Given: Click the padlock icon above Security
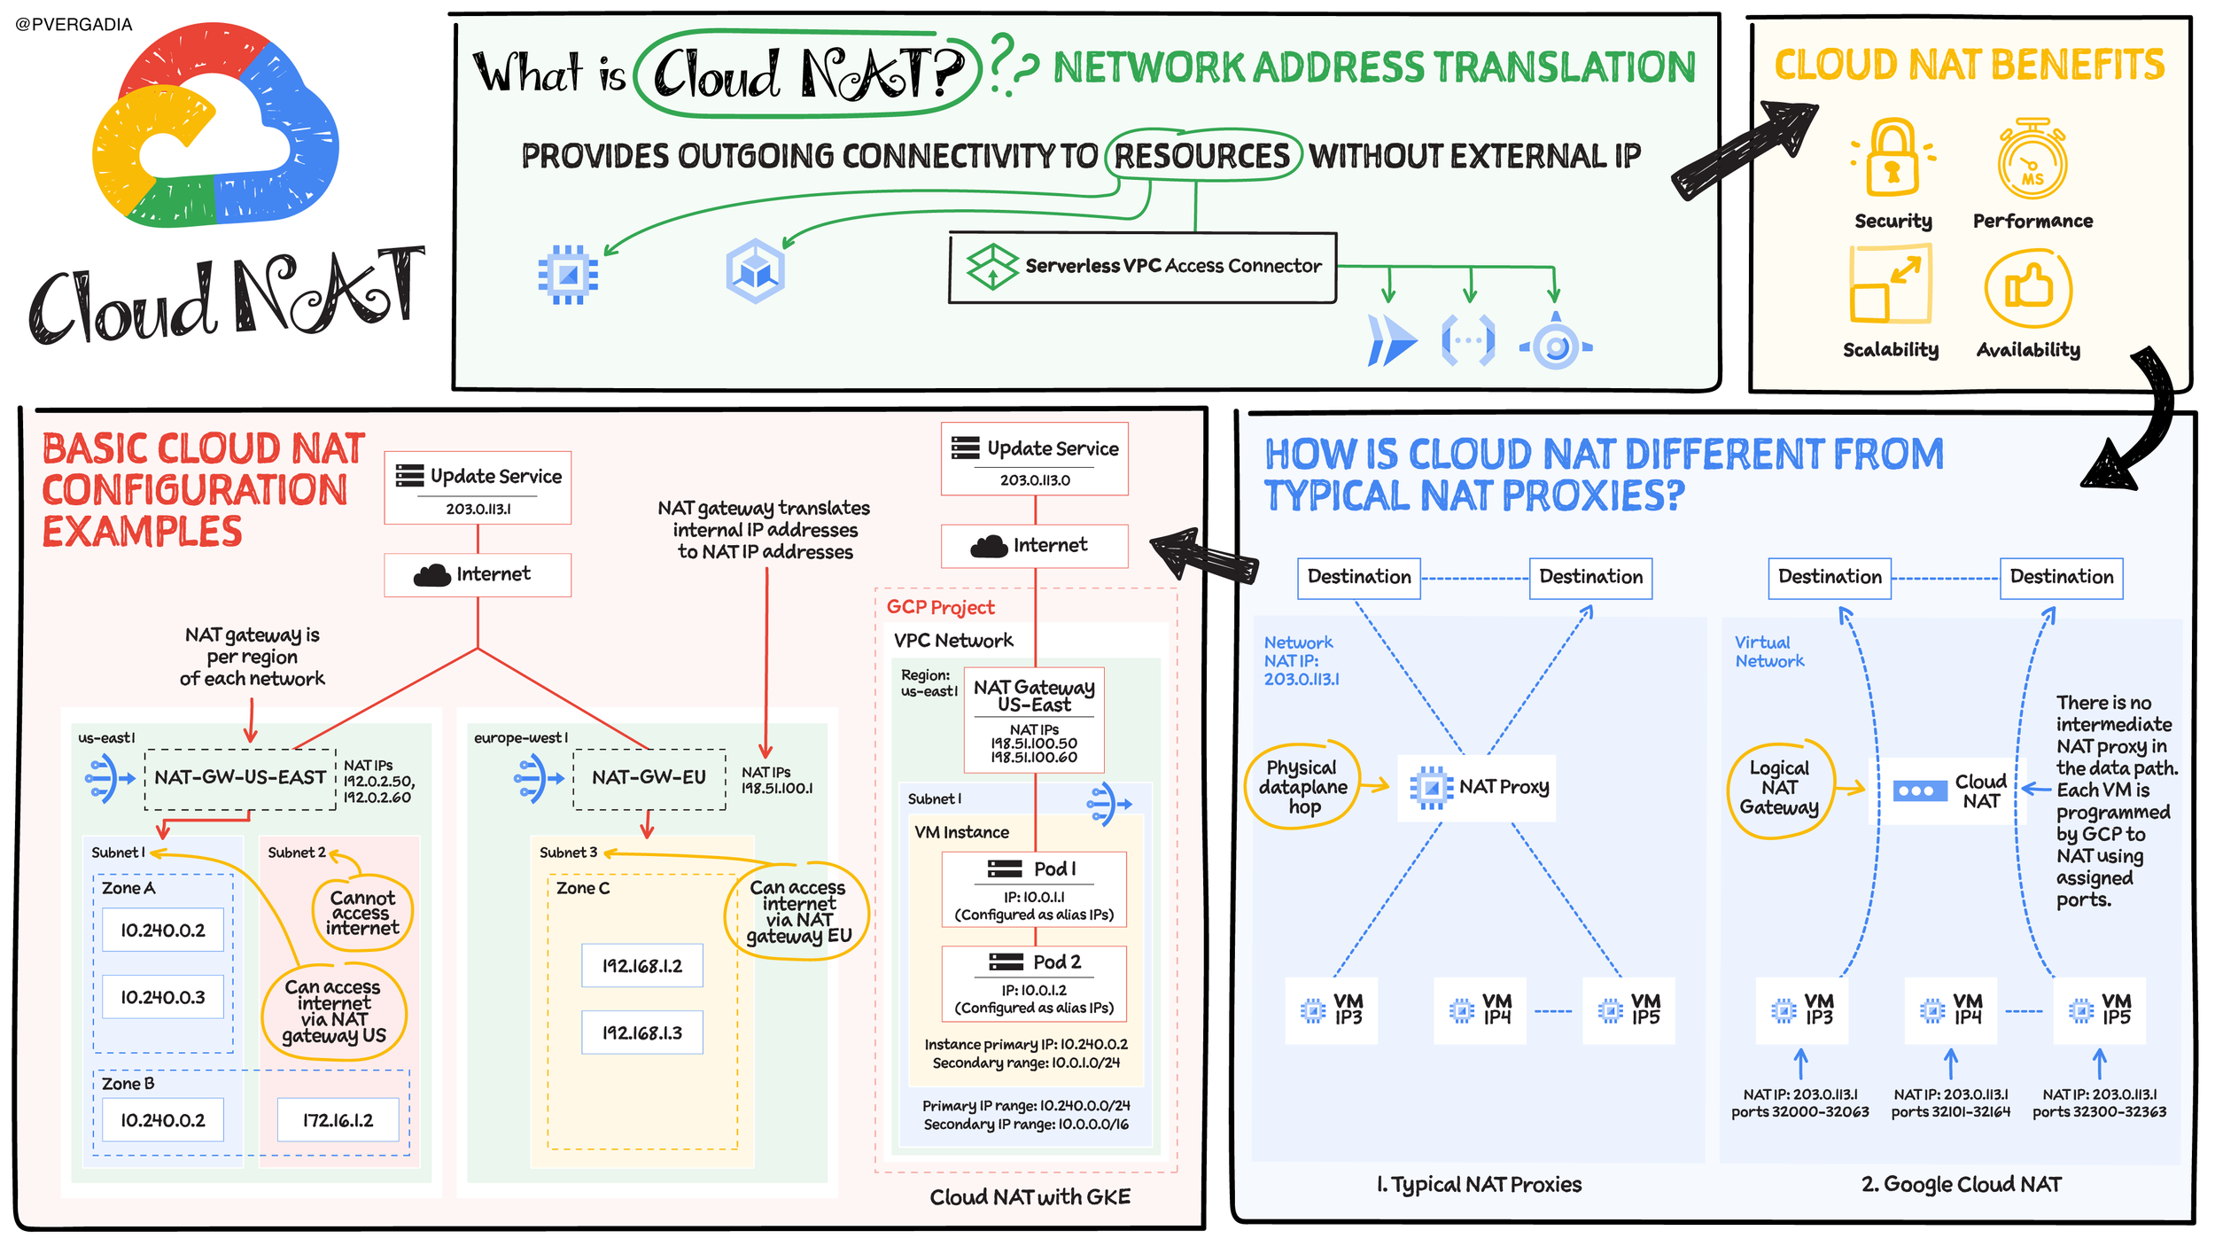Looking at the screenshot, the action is [x=1892, y=158].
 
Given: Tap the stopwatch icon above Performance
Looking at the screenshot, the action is [x=2032, y=160].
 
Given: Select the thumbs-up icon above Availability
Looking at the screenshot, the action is [x=2028, y=289].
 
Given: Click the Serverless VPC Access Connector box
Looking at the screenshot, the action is [x=1142, y=268].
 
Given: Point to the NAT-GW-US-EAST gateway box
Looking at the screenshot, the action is [x=240, y=778].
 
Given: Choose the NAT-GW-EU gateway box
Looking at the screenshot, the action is [x=649, y=778].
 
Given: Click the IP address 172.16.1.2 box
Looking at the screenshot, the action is [x=338, y=1120].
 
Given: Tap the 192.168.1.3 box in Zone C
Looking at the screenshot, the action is [x=642, y=1032].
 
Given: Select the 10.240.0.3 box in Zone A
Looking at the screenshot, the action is [x=163, y=997].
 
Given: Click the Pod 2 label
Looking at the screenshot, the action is [x=1057, y=962].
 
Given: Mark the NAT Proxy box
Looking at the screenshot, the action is [x=1477, y=788].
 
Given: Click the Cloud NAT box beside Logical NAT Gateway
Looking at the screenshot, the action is [x=1945, y=790].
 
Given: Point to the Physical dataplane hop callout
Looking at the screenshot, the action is [x=1302, y=786].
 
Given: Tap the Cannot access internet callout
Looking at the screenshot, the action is [x=362, y=913].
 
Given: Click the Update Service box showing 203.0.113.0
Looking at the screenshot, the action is [x=1035, y=459].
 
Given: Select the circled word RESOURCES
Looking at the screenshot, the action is [x=1202, y=157].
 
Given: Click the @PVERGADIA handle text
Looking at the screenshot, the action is [x=74, y=25].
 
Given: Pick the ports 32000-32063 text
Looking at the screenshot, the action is [x=1799, y=1112].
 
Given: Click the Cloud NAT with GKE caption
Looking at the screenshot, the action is [x=1030, y=1197].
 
